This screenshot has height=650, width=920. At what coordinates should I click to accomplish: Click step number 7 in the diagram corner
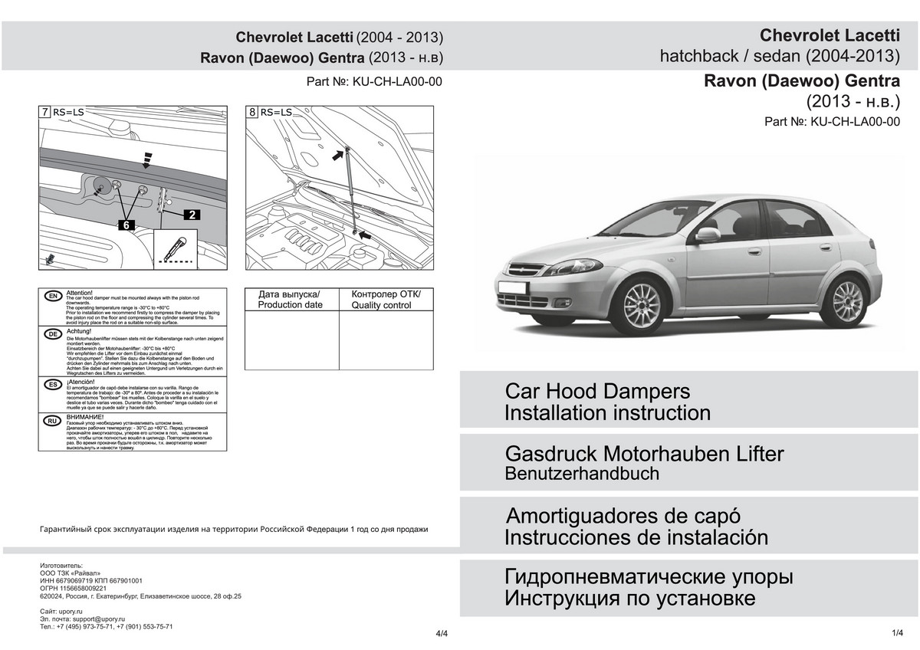point(44,112)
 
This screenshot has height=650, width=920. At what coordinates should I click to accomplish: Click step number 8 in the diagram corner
point(252,112)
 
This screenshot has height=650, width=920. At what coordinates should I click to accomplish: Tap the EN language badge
point(53,297)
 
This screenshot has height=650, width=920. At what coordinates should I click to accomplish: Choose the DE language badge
point(53,334)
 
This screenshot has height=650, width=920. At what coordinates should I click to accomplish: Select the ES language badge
point(53,384)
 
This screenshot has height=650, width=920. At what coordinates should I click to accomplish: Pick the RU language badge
point(53,421)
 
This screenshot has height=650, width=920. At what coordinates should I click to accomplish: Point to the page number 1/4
point(899,632)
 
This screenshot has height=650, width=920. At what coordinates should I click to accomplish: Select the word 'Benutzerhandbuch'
point(582,474)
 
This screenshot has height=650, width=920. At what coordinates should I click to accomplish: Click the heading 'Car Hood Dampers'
point(597,391)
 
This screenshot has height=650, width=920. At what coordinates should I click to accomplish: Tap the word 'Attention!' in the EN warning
point(80,293)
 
